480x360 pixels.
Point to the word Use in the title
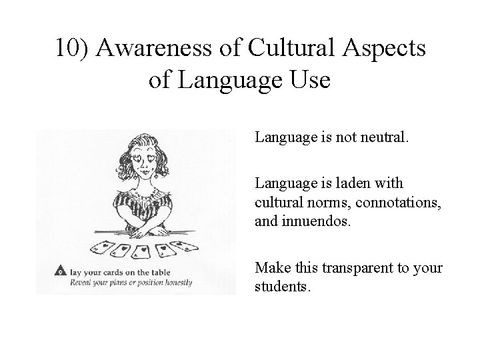(x=309, y=81)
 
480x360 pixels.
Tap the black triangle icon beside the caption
(x=61, y=272)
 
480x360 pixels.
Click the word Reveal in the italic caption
(x=87, y=282)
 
